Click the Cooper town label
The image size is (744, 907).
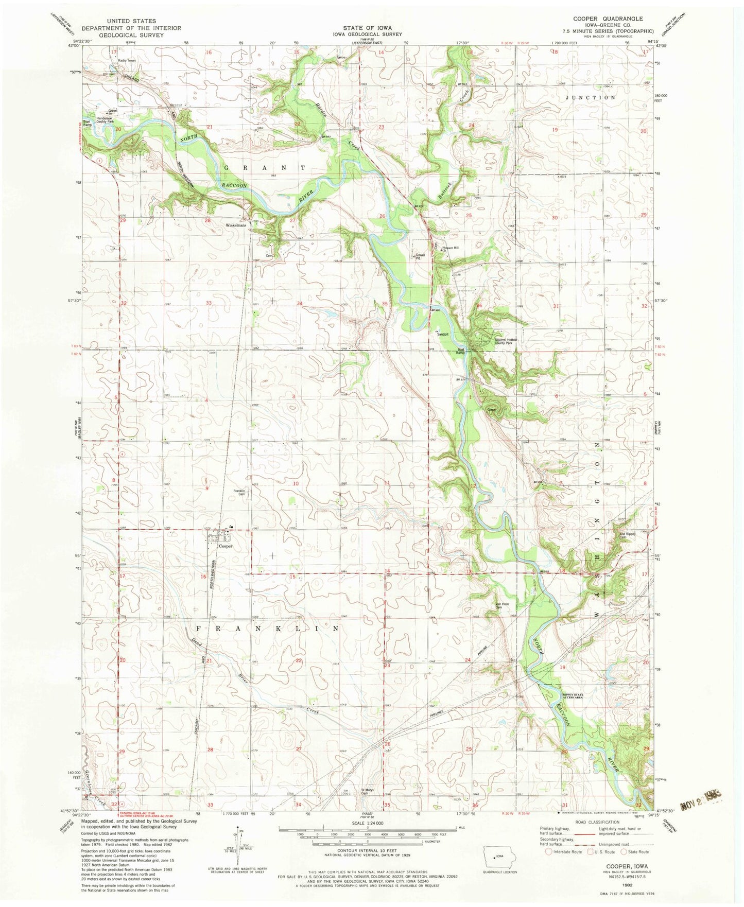pos(226,546)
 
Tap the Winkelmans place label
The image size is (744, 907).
pos(235,225)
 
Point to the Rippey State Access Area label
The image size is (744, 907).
pos(572,696)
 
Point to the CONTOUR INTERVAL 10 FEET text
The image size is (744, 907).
pos(368,851)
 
